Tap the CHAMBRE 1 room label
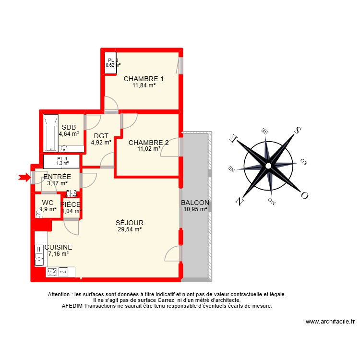(x=144, y=79)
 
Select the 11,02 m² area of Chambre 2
(x=148, y=149)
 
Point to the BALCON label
(x=195, y=203)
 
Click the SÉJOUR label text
(x=130, y=223)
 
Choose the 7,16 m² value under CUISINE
(x=58, y=254)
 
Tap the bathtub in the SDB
(x=50, y=132)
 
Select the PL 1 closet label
(x=62, y=159)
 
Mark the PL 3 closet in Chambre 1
(x=111, y=63)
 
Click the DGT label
(x=101, y=135)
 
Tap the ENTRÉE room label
(x=57, y=177)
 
